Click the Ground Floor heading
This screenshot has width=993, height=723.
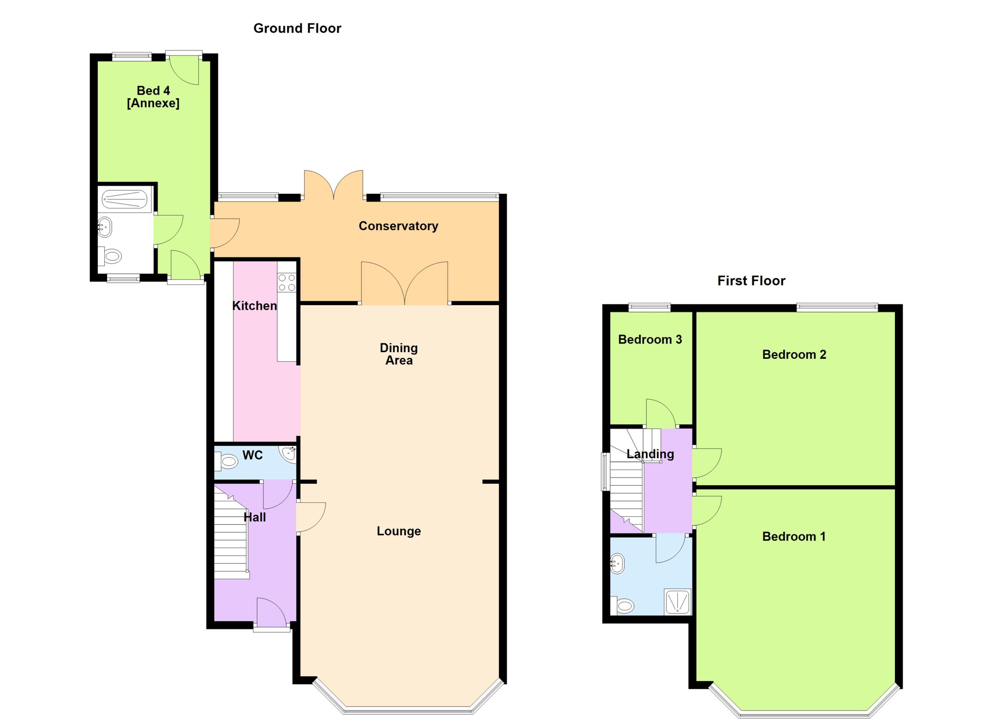pyautogui.click(x=297, y=28)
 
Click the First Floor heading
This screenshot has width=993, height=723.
pyautogui.click(x=751, y=281)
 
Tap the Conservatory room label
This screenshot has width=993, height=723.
pyautogui.click(x=398, y=226)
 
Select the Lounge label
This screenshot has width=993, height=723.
pyautogui.click(x=398, y=531)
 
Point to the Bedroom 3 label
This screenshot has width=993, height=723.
pyautogui.click(x=650, y=340)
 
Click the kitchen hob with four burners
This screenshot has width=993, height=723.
pyautogui.click(x=286, y=283)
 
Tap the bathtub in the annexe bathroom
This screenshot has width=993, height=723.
pyautogui.click(x=125, y=199)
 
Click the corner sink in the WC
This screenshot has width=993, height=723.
pyautogui.click(x=288, y=454)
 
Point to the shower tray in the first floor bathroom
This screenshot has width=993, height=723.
pyautogui.click(x=677, y=601)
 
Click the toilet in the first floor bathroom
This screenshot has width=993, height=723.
pyautogui.click(x=623, y=606)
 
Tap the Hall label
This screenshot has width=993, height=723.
pyautogui.click(x=254, y=518)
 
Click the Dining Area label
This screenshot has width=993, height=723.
pyautogui.click(x=398, y=354)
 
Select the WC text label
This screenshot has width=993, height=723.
pyautogui.click(x=252, y=455)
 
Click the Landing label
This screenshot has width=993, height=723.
pyautogui.click(x=650, y=454)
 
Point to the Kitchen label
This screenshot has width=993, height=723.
pyautogui.click(x=254, y=306)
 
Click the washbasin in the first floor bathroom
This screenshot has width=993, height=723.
pyautogui.click(x=618, y=564)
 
